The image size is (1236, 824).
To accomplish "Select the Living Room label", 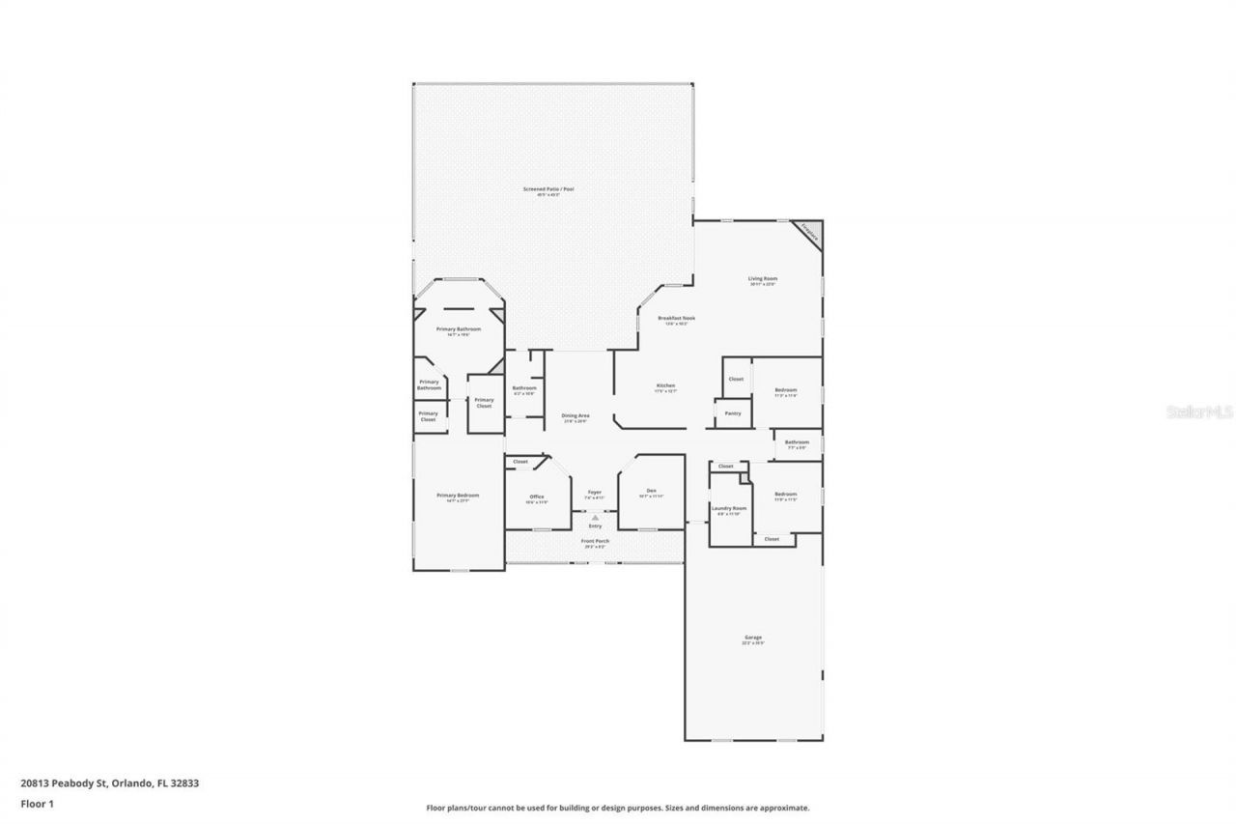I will coord(762,279).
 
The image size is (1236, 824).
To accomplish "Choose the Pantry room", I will coord(733,413).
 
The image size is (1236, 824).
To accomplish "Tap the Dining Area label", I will coord(576,416).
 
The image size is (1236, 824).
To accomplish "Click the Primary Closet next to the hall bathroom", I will coord(484,403).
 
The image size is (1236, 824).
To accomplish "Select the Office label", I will coord(536,497).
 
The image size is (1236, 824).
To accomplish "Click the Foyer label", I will coord(595,493).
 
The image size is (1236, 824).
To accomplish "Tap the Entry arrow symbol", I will coord(595,518).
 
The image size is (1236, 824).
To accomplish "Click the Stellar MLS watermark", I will coord(1199,412).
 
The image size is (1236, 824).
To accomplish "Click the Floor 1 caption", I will coord(37,803).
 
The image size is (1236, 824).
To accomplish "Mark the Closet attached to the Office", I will coord(520,462).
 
